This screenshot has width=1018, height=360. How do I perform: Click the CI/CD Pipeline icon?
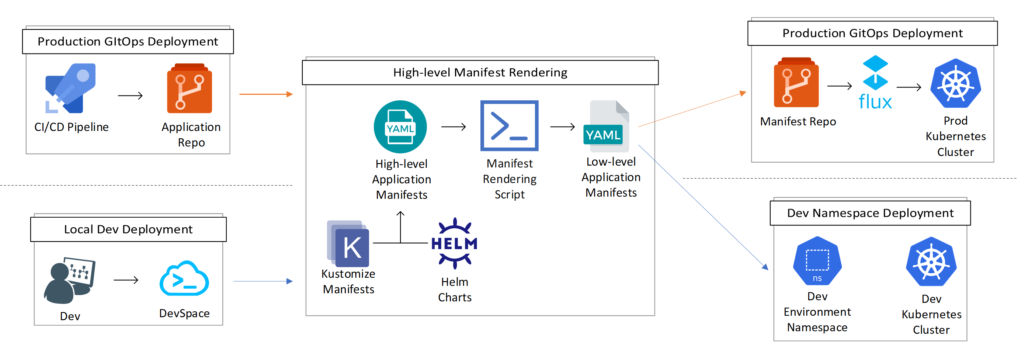point(70,88)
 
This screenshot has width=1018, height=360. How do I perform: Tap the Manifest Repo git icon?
point(796,83)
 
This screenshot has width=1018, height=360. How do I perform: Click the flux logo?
point(875,83)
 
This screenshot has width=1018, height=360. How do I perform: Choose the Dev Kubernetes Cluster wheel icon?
point(931,262)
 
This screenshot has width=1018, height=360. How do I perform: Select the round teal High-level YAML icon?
point(400,127)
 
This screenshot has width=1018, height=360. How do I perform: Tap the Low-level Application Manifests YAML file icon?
point(606,127)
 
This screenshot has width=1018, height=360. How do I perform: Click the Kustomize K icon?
point(348,244)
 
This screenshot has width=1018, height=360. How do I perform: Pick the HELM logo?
point(455,243)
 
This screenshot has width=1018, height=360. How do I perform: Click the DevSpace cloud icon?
point(184,278)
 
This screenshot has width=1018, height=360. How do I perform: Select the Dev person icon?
point(69,281)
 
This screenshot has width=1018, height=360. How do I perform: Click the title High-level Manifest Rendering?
point(480,73)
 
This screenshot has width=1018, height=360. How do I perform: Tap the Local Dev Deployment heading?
point(128,229)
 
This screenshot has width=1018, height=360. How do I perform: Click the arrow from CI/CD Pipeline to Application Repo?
point(130,96)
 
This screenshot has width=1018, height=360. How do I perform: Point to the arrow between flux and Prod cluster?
point(908,87)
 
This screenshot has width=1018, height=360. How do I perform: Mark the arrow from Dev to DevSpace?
point(126,280)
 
